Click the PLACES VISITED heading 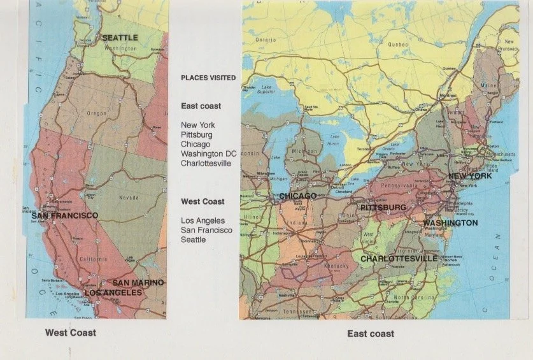coord(208,78)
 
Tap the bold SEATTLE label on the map coord(120,38)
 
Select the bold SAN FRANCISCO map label coord(65,216)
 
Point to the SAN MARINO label coord(138,282)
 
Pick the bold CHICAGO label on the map coord(298,196)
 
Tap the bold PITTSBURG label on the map coord(383,208)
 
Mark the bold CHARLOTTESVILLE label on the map coord(399,259)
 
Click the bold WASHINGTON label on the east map coord(450,223)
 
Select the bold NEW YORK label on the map coord(470,176)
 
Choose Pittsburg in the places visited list coord(197,135)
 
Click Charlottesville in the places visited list coord(206,163)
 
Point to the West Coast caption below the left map coord(71,333)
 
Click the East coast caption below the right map coord(371,333)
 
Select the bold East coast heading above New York coord(201,106)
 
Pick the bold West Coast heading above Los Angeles coord(203,201)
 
